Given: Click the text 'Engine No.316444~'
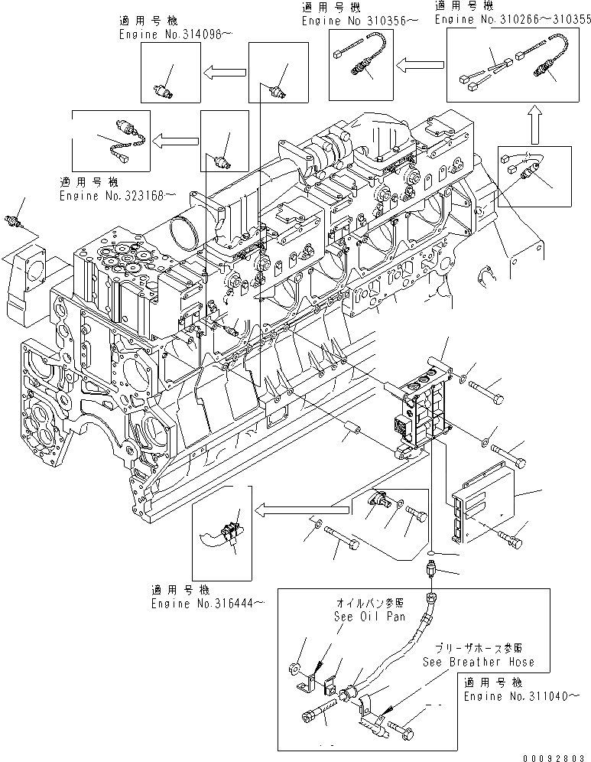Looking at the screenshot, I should pyautogui.click(x=208, y=604).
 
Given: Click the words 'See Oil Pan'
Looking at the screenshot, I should pyautogui.click(x=364, y=617).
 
